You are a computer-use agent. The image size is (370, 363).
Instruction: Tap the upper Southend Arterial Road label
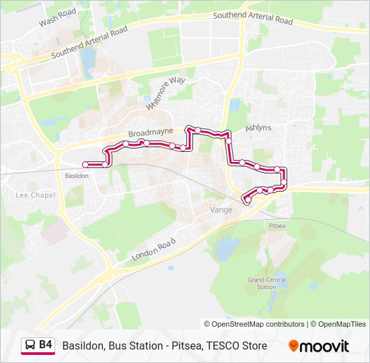(253, 18)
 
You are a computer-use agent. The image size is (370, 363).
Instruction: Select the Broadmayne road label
(151, 132)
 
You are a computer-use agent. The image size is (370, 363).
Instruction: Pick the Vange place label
(221, 210)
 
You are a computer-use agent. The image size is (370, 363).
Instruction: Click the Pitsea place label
(277, 226)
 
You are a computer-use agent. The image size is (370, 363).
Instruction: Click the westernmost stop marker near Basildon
(85, 165)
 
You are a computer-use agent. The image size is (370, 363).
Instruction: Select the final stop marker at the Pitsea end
(248, 200)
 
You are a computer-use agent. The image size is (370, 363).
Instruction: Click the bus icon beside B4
(30, 346)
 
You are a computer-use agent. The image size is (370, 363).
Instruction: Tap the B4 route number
(46, 346)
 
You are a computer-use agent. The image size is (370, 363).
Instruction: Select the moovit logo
(319, 346)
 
